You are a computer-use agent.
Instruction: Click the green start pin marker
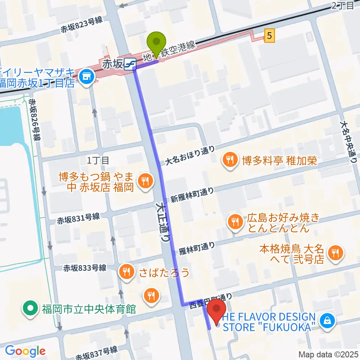click(158, 42)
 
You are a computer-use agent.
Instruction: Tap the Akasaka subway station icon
click(130, 64)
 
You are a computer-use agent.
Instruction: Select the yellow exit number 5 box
click(270, 36)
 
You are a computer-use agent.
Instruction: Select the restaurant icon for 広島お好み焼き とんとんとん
click(235, 222)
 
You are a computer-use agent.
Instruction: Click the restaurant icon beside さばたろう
click(127, 272)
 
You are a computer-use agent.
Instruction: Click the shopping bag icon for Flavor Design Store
click(327, 321)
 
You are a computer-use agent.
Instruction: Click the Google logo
click(25, 351)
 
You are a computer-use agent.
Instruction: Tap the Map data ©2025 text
click(328, 354)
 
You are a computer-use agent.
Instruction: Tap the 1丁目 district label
click(98, 160)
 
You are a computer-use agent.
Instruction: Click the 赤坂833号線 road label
click(85, 268)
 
